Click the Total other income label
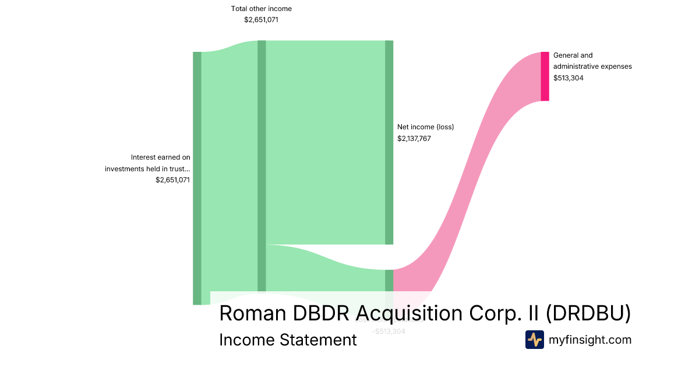(262, 9)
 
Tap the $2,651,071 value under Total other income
(262, 20)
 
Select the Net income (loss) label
(425, 127)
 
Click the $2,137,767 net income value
(414, 139)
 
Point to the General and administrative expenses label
(592, 61)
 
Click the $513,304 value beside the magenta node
(568, 77)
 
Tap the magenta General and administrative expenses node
(545, 76)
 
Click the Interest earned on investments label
(148, 163)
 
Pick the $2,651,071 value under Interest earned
(172, 180)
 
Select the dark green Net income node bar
(389, 142)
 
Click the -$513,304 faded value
(389, 331)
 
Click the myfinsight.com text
(590, 340)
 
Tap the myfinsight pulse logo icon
(534, 340)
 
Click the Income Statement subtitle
(288, 340)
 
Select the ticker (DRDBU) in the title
(588, 313)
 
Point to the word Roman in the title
(252, 313)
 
